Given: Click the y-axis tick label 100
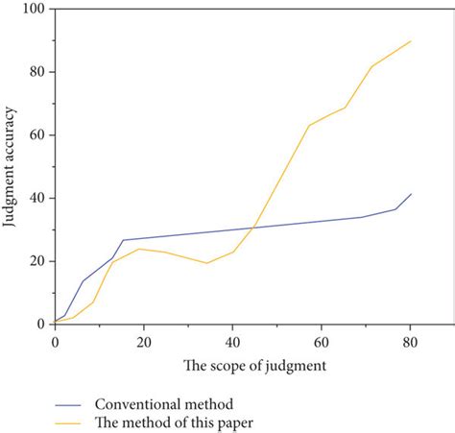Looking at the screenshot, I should pos(35,10).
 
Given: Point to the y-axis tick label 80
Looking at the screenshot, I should pos(37,72).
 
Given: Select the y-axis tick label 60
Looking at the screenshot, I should pos(37,135).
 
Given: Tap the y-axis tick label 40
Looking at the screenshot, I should pos(37,199).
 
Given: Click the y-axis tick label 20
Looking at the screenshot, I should pos(37,261).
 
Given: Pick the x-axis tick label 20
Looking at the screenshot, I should pos(143,341).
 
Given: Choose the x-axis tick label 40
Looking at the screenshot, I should pos(232,341).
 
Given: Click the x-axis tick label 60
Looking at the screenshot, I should pos(321,341).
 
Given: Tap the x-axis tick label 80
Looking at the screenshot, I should pos(410,341).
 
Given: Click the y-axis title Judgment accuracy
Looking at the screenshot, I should pos(11,167).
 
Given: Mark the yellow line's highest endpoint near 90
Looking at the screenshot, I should pos(412,40).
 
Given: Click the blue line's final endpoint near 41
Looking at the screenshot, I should pos(412,194).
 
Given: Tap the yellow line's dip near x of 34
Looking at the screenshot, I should pos(206,263).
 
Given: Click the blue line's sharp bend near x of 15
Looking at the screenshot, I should pos(123,240).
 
